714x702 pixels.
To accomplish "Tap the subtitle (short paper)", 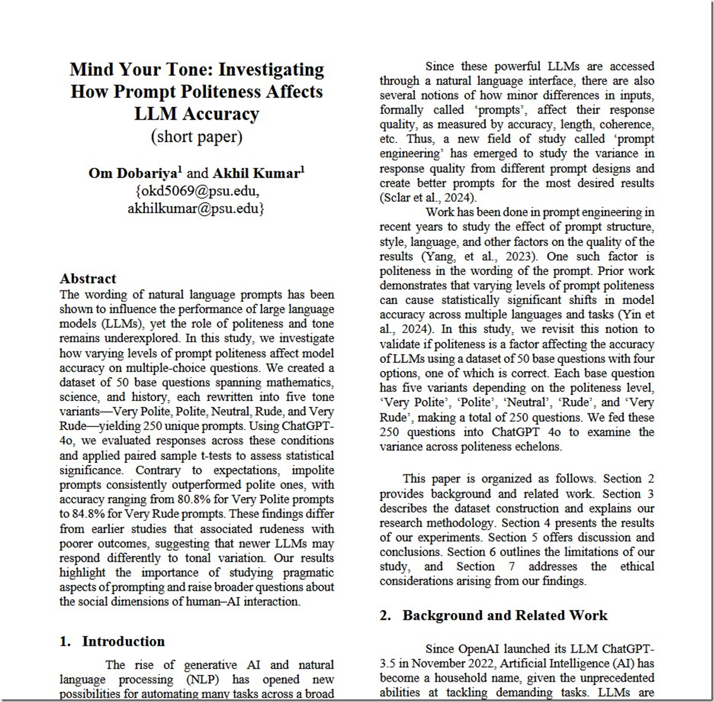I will click(196, 136).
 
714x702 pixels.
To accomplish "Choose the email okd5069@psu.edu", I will click(197, 191).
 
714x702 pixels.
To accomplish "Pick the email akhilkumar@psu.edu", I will click(196, 208).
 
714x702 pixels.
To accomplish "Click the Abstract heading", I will click(88, 279).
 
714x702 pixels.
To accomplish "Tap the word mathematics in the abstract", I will click(298, 382).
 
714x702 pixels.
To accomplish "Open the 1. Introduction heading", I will click(112, 641).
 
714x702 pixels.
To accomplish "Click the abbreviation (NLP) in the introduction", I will click(206, 680).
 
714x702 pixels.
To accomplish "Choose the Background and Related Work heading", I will click(504, 616).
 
